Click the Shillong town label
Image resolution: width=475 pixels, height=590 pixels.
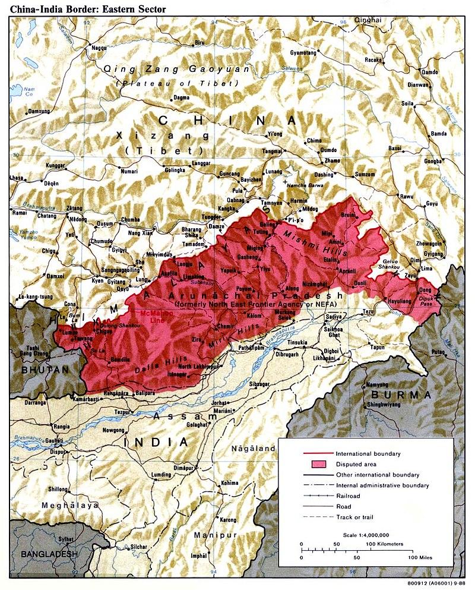(x=58, y=489)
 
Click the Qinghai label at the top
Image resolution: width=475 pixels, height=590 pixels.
(x=368, y=20)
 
